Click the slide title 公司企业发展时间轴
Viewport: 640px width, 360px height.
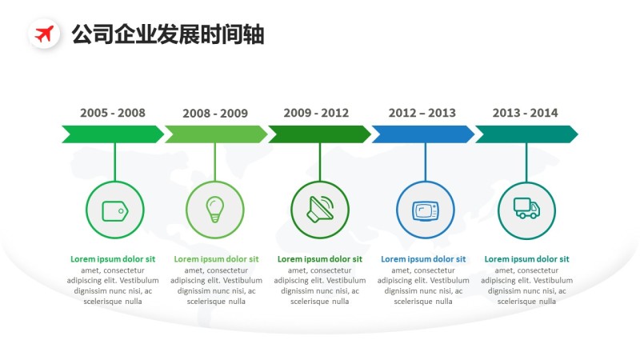click(x=167, y=34)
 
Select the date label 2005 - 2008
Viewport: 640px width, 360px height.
click(x=113, y=113)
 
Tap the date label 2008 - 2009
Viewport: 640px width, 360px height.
click(x=215, y=114)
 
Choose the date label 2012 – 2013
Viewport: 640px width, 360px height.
click(x=422, y=113)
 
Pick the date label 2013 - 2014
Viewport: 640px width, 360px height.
click(x=526, y=113)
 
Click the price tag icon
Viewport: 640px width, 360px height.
click(x=114, y=210)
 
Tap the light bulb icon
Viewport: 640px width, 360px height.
click(x=214, y=209)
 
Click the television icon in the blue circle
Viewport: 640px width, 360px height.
click(x=425, y=210)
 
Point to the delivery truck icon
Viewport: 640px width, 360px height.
click(x=526, y=209)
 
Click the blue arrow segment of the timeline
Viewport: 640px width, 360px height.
click(x=422, y=134)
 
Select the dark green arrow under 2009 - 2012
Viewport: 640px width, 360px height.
click(x=318, y=134)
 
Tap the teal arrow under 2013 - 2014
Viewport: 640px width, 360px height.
click(x=526, y=134)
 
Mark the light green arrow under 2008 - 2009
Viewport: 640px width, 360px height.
click(x=215, y=134)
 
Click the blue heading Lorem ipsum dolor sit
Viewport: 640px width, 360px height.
click(x=423, y=259)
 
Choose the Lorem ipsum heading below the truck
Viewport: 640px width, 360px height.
click(x=527, y=259)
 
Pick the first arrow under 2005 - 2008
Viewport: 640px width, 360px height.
click(x=112, y=134)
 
